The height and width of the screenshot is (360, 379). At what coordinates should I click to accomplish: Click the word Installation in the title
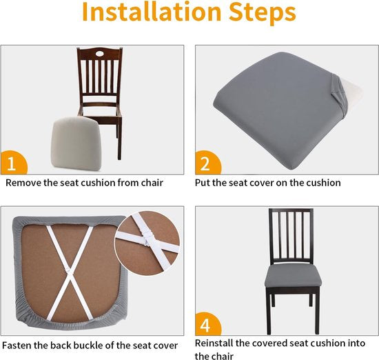152,12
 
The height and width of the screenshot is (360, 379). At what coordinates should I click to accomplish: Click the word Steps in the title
263,13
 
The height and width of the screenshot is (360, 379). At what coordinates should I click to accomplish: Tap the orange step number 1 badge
14,163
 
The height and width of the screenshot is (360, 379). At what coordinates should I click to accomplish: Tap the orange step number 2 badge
208,163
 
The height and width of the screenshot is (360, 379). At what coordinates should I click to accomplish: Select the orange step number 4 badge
208,323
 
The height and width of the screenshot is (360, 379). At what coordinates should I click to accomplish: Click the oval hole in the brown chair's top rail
99,53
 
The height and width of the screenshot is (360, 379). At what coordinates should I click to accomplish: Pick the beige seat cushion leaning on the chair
76,145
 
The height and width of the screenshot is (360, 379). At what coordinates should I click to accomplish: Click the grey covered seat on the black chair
294,276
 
